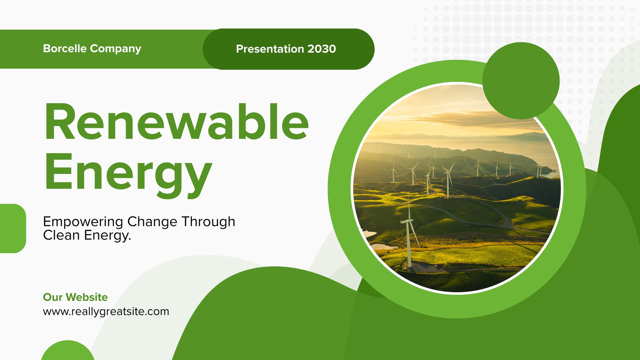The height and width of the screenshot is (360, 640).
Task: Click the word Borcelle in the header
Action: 65,48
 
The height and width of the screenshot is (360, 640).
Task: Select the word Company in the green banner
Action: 116,49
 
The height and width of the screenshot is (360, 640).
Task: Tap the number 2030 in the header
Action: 322,49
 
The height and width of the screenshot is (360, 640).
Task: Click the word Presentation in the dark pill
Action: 270,49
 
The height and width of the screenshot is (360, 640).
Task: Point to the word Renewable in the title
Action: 176,122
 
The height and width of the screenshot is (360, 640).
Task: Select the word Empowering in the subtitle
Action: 83,222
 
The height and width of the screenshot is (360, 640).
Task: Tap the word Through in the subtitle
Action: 208,222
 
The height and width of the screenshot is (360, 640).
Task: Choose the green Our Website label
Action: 76,297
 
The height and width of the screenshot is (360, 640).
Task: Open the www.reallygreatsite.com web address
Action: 106,312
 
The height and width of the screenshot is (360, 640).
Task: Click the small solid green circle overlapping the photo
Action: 521,81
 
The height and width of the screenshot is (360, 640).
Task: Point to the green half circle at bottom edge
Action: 68,351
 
